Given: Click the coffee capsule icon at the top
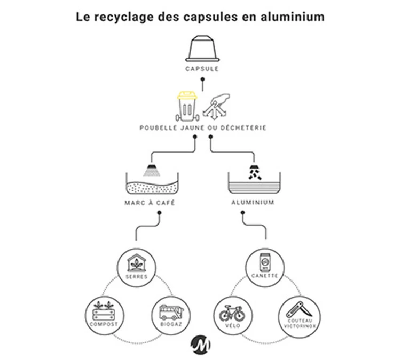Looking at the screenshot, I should (201, 49).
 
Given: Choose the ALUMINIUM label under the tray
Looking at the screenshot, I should (253, 203).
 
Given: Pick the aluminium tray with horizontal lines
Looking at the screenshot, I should (254, 186).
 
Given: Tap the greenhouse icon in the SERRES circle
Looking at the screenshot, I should (133, 262).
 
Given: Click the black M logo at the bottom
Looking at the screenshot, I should (200, 344).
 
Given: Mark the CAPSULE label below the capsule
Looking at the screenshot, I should (201, 69).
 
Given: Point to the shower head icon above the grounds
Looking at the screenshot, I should (152, 170).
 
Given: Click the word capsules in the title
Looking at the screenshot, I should (217, 17).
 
